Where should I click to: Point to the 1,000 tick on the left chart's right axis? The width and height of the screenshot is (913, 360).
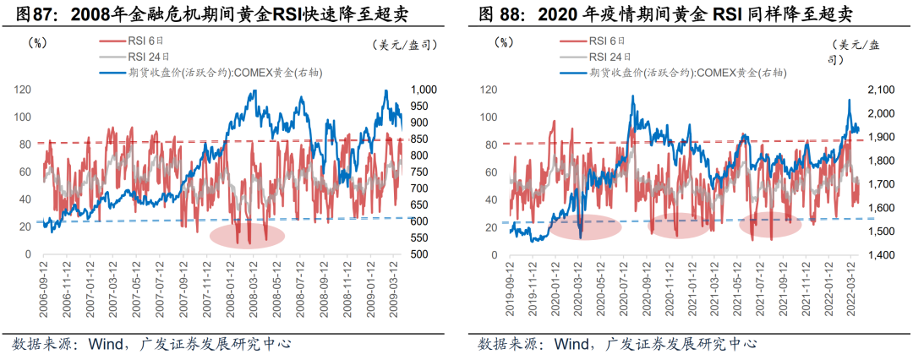[x=423, y=90]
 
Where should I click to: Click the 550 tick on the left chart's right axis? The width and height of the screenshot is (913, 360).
[x=419, y=237]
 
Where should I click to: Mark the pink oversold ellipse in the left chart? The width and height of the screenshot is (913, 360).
[x=246, y=235]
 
